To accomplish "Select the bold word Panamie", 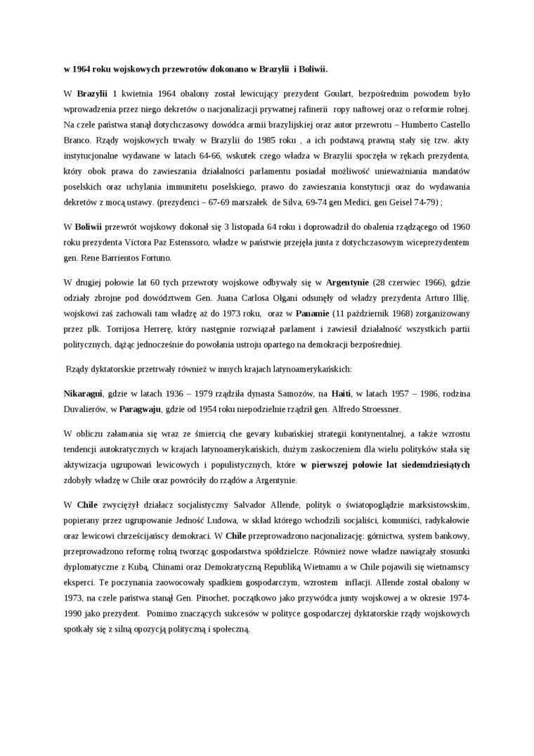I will (x=313, y=313).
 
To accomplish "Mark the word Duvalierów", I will (x=88, y=409).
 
